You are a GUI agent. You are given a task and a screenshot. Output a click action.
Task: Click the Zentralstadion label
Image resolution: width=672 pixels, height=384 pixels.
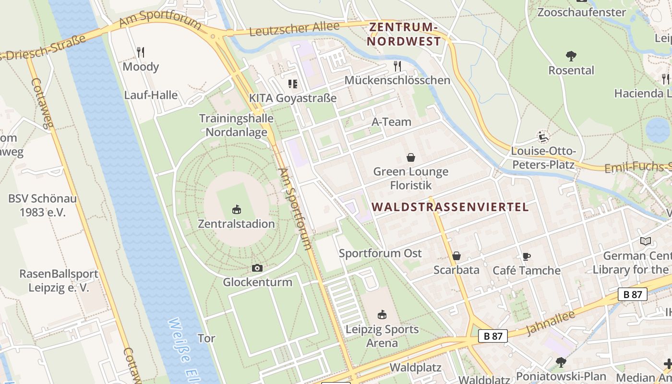(236, 224)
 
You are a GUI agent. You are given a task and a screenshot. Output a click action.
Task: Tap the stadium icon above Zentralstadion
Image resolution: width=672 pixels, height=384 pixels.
(236, 209)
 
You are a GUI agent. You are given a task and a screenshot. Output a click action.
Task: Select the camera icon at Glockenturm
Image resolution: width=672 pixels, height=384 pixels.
(257, 268)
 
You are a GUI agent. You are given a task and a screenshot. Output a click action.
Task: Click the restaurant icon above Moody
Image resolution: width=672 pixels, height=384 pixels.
(141, 52)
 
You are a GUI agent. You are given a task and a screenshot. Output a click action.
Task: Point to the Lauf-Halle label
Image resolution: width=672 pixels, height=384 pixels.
(151, 95)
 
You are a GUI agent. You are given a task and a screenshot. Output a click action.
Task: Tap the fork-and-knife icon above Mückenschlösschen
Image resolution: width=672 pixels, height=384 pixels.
(397, 66)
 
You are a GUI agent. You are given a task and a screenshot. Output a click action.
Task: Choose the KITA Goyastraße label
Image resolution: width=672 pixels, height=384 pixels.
(292, 98)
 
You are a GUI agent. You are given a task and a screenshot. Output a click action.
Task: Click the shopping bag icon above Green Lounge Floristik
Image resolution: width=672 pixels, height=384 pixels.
(411, 157)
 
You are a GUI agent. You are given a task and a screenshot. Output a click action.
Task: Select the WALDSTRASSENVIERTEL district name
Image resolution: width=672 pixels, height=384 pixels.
(450, 207)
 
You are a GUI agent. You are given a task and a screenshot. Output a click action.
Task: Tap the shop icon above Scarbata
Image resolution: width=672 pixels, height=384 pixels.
(456, 256)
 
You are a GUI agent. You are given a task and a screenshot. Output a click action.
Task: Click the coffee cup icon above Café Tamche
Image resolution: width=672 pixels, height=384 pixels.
(527, 256)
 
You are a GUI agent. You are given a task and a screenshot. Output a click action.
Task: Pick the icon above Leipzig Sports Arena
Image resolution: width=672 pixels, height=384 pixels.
(382, 315)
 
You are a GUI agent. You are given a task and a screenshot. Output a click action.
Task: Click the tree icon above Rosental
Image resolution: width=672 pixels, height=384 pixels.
(571, 56)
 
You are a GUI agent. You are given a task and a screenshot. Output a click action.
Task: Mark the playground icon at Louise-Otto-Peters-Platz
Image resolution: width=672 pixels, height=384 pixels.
(543, 137)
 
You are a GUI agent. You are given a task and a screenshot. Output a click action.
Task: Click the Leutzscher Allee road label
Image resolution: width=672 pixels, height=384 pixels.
(294, 29)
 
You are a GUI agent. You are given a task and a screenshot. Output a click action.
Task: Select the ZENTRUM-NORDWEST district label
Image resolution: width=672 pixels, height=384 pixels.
(404, 34)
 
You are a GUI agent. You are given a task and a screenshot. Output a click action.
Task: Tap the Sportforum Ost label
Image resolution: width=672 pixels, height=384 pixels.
(380, 253)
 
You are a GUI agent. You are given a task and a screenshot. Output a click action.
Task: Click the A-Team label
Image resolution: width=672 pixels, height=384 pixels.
(391, 122)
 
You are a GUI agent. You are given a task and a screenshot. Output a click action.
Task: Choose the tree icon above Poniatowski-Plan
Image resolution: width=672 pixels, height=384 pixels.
(561, 362)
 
